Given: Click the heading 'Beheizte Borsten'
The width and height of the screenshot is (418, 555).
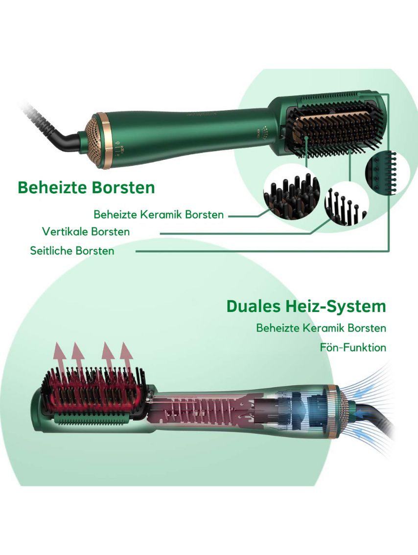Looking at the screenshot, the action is pos(86,187).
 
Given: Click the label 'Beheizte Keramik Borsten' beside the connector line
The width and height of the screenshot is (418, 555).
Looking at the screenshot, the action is pos(159,215).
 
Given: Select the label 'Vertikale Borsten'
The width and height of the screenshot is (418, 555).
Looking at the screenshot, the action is pos(86,231).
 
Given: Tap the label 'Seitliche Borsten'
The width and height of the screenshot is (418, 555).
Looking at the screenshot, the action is pos(72,250).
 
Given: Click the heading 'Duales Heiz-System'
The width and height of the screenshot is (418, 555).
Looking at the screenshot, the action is pos(306,306).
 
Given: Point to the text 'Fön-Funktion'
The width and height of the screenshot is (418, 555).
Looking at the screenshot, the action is pos(353,347).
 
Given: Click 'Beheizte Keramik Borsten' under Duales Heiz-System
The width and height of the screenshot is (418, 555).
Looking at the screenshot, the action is pos(321,328).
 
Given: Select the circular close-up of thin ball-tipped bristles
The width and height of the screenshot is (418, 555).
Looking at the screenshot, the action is pos(346,203).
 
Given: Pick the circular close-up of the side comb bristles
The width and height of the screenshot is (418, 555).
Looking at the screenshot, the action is pos(387,173).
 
